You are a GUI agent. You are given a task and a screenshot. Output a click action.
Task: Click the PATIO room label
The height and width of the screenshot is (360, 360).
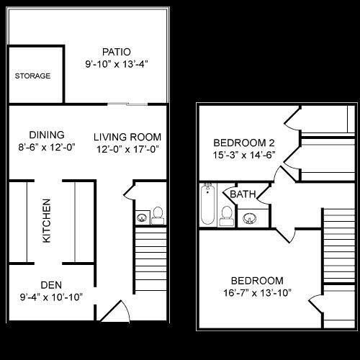click(116, 52)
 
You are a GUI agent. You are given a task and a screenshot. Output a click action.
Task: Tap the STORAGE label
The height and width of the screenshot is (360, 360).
click(33, 76)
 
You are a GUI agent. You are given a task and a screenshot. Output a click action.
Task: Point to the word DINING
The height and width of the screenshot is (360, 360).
click(47, 135)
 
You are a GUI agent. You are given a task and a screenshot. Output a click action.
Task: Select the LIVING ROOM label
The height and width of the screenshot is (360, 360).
click(127, 137)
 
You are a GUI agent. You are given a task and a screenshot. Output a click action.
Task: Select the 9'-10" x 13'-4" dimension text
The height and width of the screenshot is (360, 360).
click(116, 63)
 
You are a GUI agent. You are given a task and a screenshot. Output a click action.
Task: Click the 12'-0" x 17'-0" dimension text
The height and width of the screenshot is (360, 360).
click(127, 149)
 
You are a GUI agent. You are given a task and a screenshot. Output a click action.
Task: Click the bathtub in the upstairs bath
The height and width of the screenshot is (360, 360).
click(207, 205)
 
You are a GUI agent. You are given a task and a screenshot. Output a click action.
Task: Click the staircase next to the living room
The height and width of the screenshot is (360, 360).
click(150, 259)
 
